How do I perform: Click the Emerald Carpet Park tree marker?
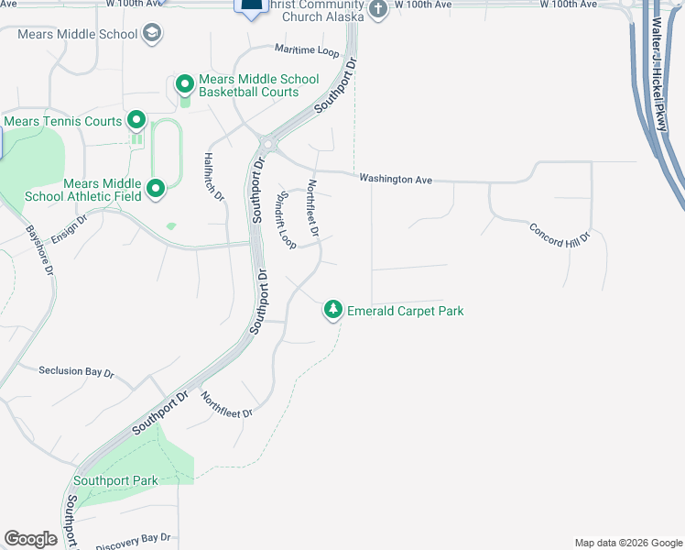coord(334,310)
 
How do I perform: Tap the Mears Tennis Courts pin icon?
coord(136,120)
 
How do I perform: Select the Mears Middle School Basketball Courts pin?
coord(184,84)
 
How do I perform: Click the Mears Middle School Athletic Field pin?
coord(156,189)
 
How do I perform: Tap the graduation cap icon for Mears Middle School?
coord(152,35)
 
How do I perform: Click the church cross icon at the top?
coord(379,9)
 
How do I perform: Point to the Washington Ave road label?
coord(395,179)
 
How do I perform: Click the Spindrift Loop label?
coord(287,220)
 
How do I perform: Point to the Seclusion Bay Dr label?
coord(76,371)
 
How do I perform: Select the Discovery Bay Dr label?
coord(133,539)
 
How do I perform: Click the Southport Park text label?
coord(116,480)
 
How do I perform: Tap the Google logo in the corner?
coord(30,538)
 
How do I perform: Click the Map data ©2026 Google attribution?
coord(627,543)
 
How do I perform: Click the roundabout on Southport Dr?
coord(268,143)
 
